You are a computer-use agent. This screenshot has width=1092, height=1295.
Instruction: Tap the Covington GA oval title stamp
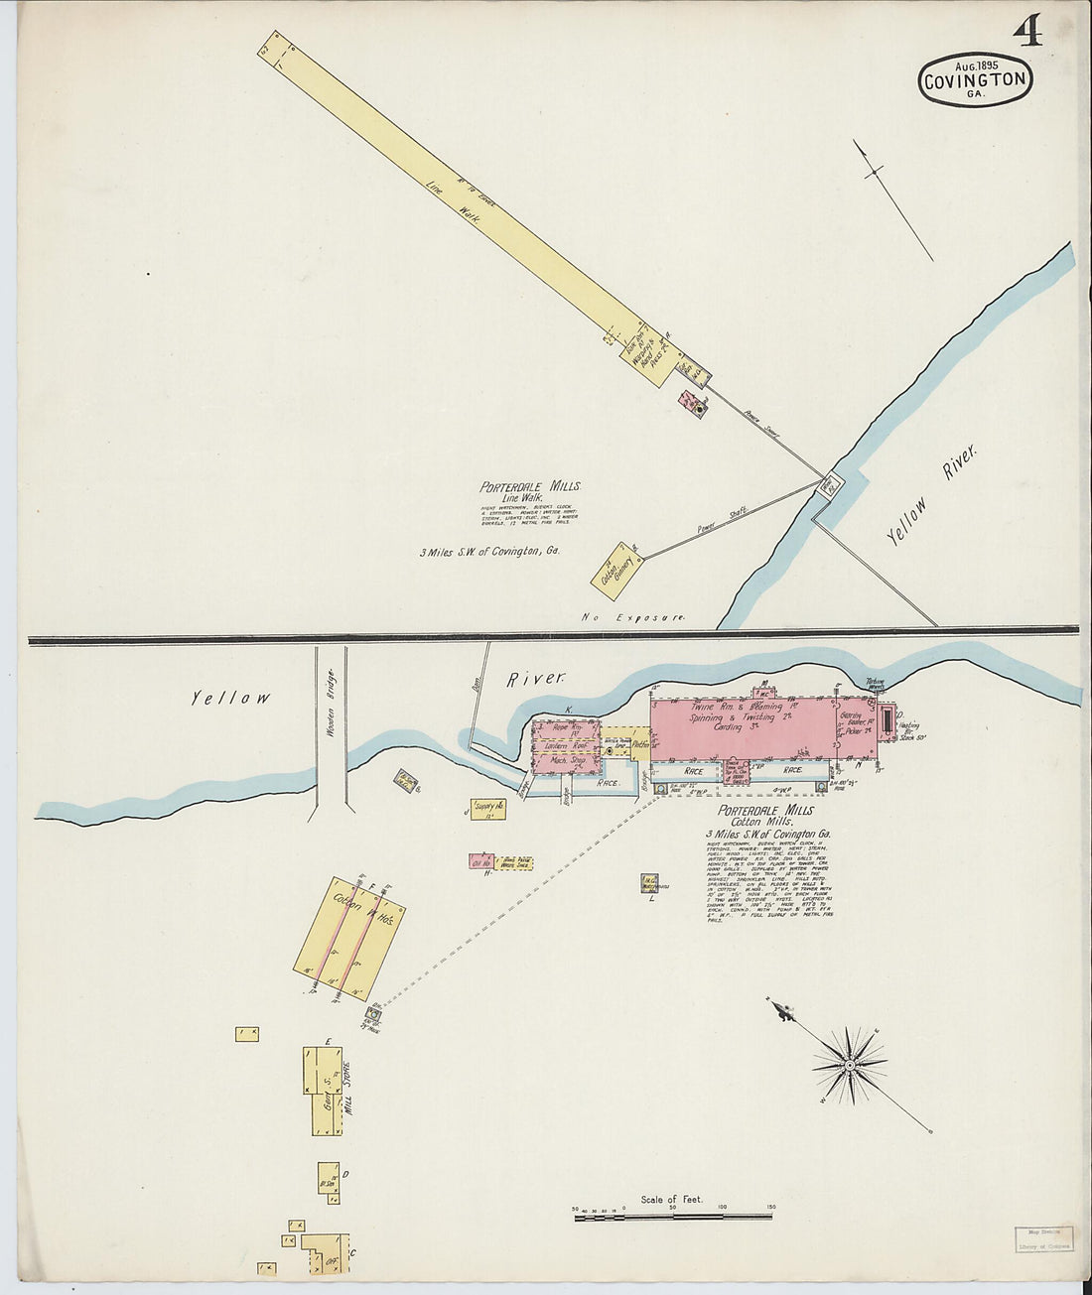(x=976, y=79)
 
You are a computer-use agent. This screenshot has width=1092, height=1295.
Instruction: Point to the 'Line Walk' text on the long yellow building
(x=453, y=199)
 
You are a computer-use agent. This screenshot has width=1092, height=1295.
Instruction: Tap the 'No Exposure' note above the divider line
(x=633, y=617)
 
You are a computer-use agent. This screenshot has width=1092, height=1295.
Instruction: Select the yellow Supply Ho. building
(x=488, y=809)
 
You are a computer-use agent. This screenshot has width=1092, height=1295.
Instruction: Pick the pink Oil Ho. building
(x=482, y=861)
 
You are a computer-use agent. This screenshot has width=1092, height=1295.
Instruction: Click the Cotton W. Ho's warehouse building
(x=349, y=937)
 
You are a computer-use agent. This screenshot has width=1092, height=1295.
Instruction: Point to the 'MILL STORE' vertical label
(x=346, y=1089)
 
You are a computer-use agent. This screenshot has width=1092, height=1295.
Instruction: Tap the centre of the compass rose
(x=850, y=1066)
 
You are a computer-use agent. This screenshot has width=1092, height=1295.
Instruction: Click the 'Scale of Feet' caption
(x=671, y=1200)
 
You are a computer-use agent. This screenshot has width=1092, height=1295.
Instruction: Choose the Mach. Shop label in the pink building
(x=563, y=761)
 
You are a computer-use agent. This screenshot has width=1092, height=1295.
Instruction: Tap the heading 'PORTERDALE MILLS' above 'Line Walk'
(x=530, y=487)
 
